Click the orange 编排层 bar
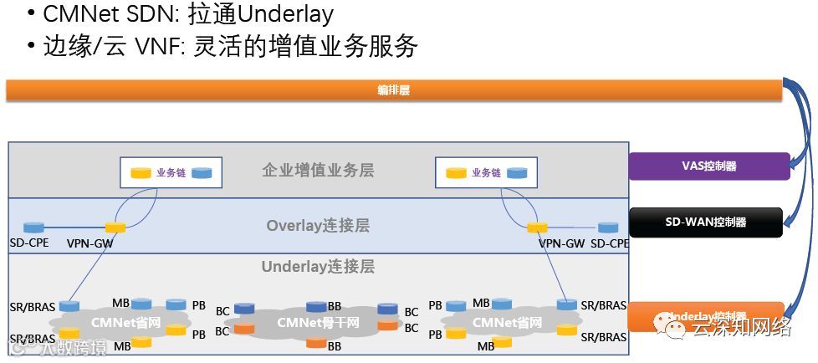393,90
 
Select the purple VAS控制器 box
708,166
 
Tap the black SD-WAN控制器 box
705,222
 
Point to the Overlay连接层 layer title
317,226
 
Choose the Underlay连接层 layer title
317,267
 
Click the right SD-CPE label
608,243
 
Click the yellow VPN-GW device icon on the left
115,228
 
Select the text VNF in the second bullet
152,46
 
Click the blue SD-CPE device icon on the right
608,228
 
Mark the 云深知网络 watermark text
741,328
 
